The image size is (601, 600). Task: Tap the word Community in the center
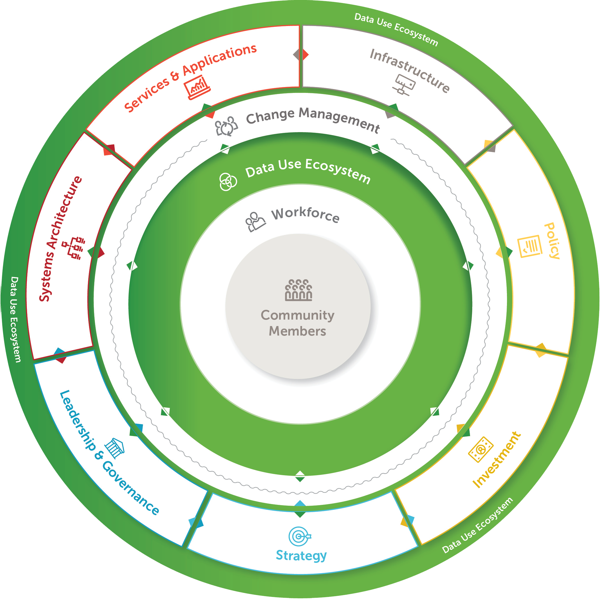(x=297, y=315)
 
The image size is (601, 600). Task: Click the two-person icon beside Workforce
(x=255, y=221)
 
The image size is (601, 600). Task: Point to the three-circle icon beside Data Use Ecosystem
(x=228, y=182)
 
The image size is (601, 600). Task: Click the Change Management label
(x=313, y=119)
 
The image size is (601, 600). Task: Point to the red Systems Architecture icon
(x=74, y=248)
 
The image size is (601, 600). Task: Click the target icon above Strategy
(x=299, y=536)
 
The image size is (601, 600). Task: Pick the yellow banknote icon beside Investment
(x=481, y=449)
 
